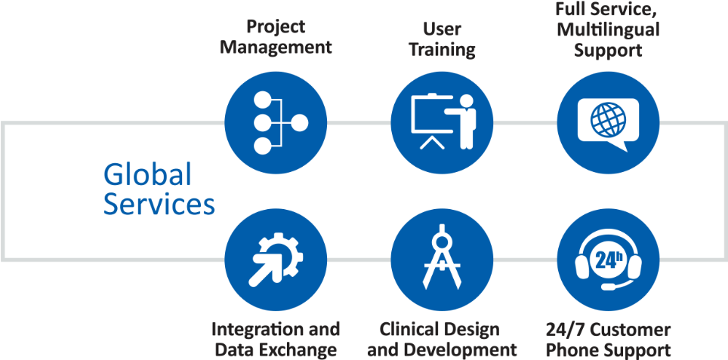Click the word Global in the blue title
[x=147, y=175]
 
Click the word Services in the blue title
[x=159, y=205]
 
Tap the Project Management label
[x=276, y=37]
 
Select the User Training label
[x=441, y=40]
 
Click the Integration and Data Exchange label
[x=276, y=340]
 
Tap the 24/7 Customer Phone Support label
[x=608, y=340]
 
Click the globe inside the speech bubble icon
[x=608, y=118]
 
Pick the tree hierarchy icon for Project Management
[x=276, y=123]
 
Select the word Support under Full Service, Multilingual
[x=608, y=51]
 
